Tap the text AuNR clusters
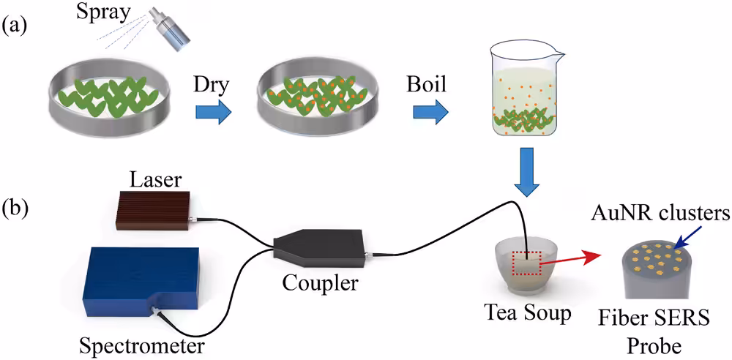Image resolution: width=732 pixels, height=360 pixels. [x=660, y=214]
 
